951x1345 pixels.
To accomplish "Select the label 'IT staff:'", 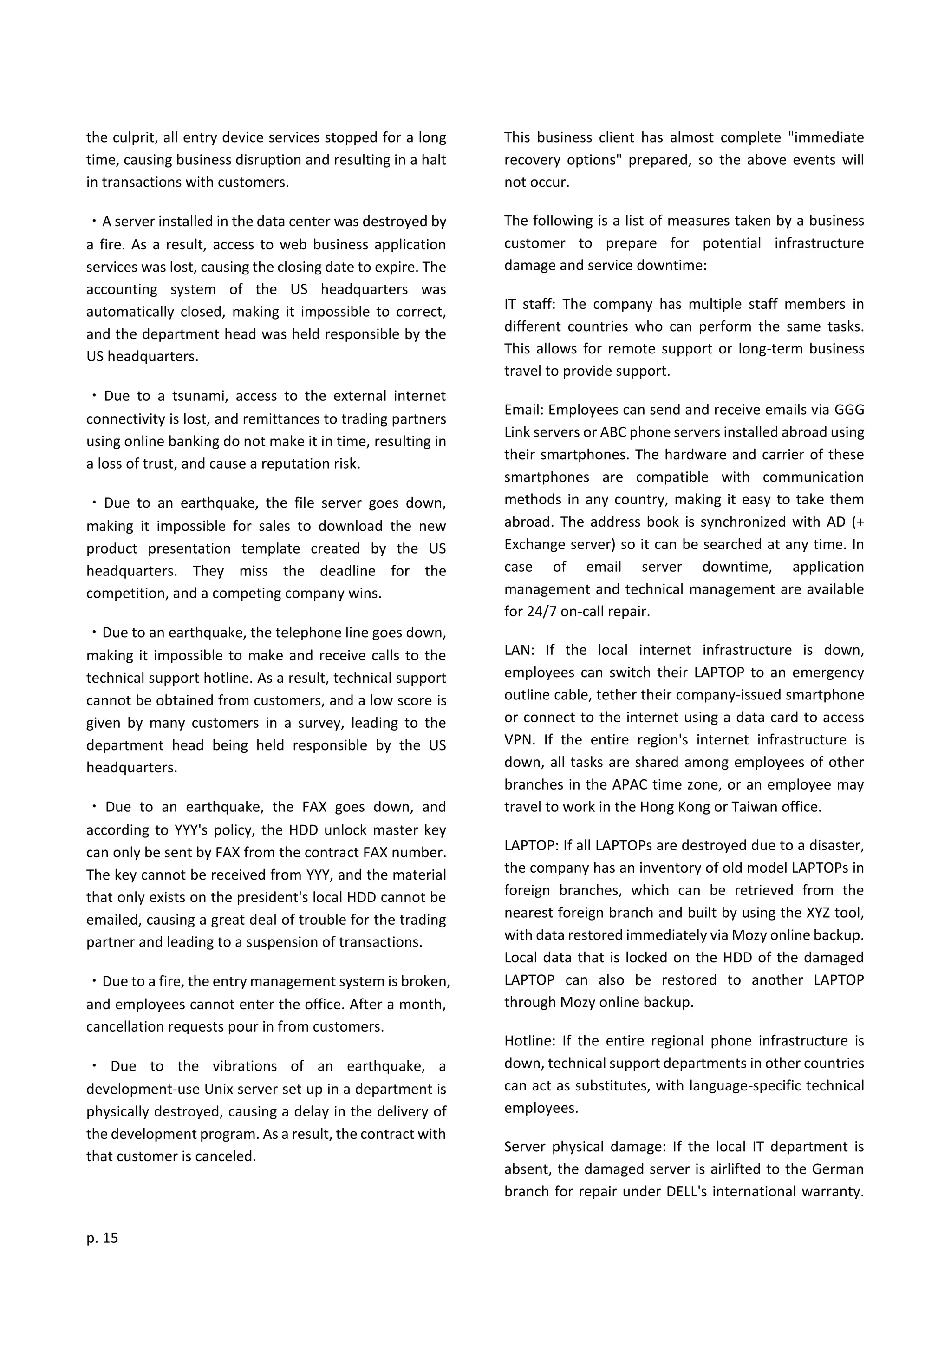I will tap(529, 304).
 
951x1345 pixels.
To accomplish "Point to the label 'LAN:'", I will tap(520, 650).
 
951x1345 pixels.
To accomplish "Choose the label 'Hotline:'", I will tap(529, 1041).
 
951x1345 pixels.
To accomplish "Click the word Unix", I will tap(218, 1089).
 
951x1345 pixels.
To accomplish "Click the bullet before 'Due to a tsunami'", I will tap(94, 396).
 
